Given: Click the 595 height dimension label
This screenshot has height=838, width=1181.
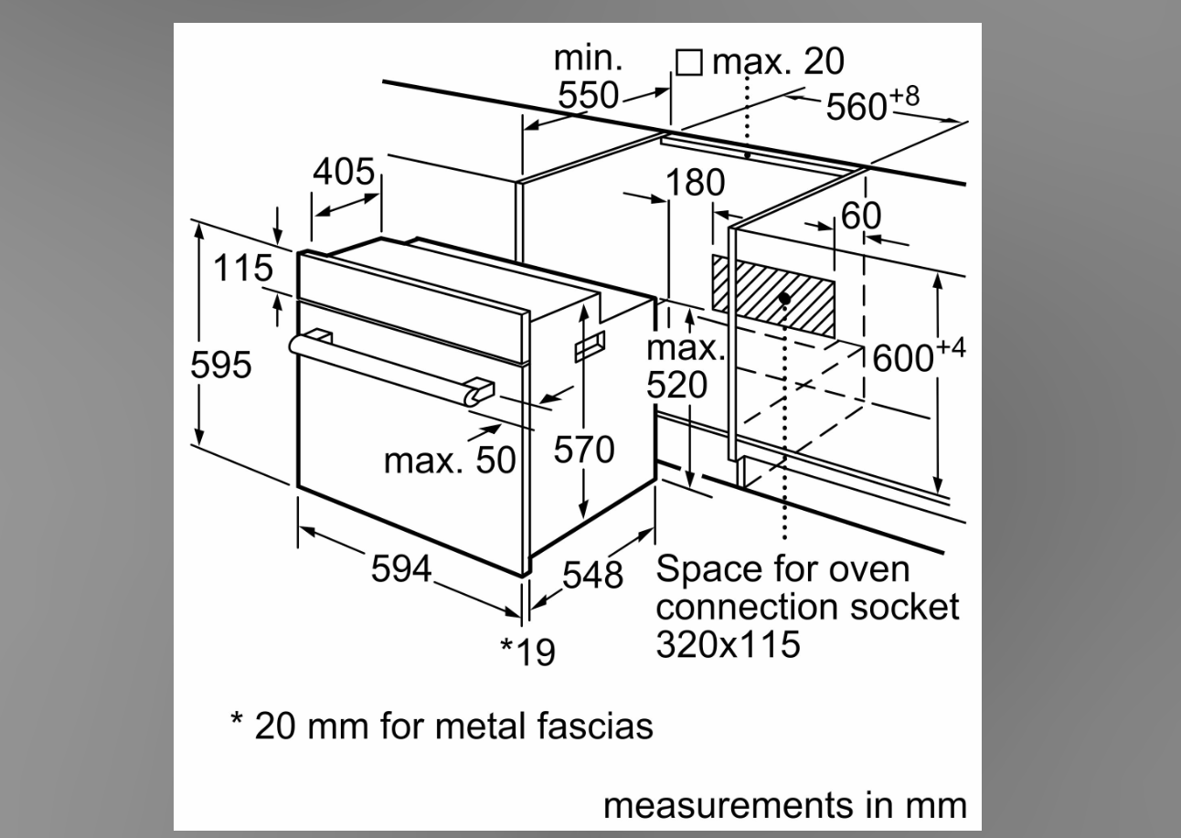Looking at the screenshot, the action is click(x=221, y=365).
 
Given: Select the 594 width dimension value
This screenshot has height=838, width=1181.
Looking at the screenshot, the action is click(x=401, y=568).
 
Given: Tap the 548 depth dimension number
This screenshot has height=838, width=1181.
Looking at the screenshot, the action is click(x=592, y=575).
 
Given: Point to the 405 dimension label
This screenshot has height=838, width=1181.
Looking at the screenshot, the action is click(x=344, y=171).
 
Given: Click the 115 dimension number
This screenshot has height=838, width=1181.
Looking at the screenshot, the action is click(x=243, y=268).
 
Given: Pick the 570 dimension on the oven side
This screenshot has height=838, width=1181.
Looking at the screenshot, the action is click(x=584, y=450).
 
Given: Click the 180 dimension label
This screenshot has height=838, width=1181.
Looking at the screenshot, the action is click(x=695, y=183).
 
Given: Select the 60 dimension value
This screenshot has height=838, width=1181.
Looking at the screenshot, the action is click(x=860, y=215).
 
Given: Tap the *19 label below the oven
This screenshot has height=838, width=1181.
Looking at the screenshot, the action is click(x=527, y=652).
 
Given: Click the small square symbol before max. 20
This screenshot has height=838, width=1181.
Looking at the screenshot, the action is click(x=689, y=63).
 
